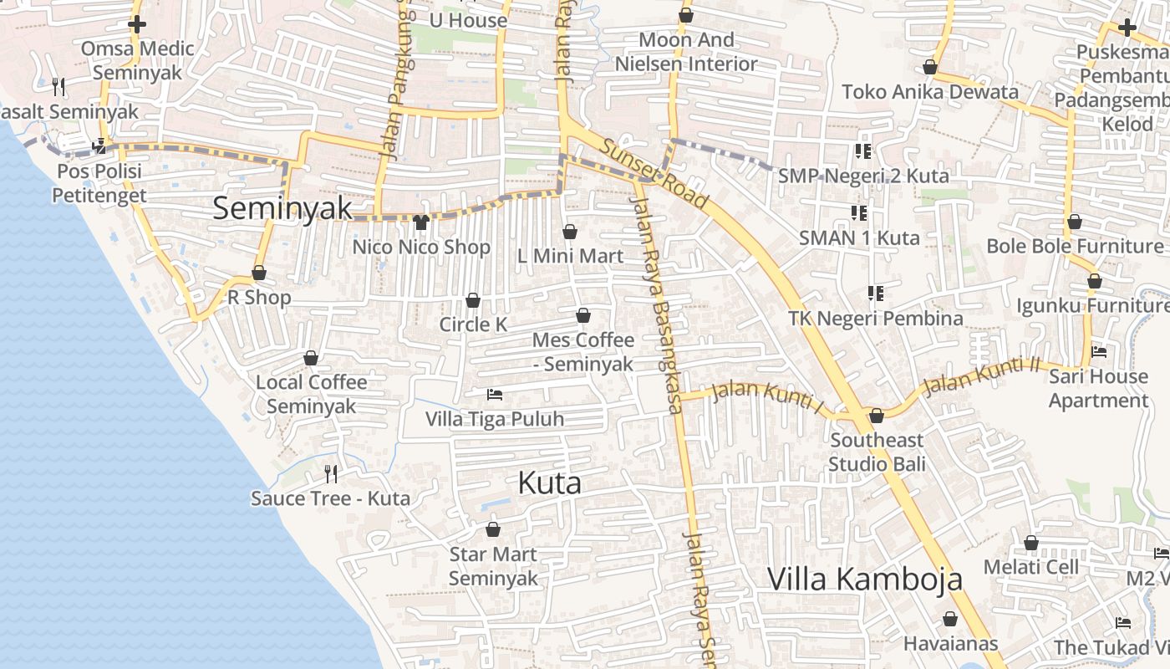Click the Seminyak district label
pyautogui.click(x=282, y=208)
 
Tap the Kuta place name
pyautogui.click(x=549, y=483)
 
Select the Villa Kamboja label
pyautogui.click(x=865, y=579)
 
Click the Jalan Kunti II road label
pyautogui.click(x=981, y=375)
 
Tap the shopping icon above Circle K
pyautogui.click(x=473, y=300)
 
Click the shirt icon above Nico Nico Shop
pyautogui.click(x=421, y=222)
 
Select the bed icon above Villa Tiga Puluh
pyautogui.click(x=495, y=394)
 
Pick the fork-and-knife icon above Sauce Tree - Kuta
pyautogui.click(x=331, y=474)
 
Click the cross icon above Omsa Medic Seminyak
pyautogui.click(x=137, y=24)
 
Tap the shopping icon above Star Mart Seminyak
pyautogui.click(x=493, y=529)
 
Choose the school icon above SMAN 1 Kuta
pyautogui.click(x=858, y=213)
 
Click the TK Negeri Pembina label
pyautogui.click(x=875, y=319)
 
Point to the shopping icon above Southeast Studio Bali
pyautogui.click(x=877, y=416)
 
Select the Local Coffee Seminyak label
pyautogui.click(x=311, y=394)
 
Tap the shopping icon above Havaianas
pyautogui.click(x=950, y=619)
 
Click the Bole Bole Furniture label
pyautogui.click(x=1075, y=246)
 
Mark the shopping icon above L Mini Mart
pyautogui.click(x=570, y=232)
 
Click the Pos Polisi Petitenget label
pyautogui.click(x=99, y=183)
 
